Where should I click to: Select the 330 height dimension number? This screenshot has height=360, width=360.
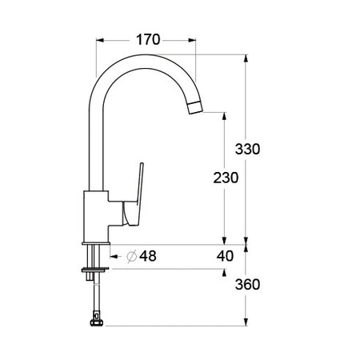(248, 149)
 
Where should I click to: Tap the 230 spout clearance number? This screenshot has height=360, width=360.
(226, 179)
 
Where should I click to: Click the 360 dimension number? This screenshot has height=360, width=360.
(248, 286)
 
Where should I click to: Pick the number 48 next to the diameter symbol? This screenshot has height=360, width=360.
(147, 256)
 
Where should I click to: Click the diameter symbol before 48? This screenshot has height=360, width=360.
(132, 256)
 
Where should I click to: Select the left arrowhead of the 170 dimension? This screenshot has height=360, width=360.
(101, 38)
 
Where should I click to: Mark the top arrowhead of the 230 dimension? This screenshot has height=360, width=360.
(224, 117)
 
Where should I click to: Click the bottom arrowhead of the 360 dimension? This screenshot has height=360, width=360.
(246, 322)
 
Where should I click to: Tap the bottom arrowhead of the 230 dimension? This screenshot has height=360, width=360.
(224, 240)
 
